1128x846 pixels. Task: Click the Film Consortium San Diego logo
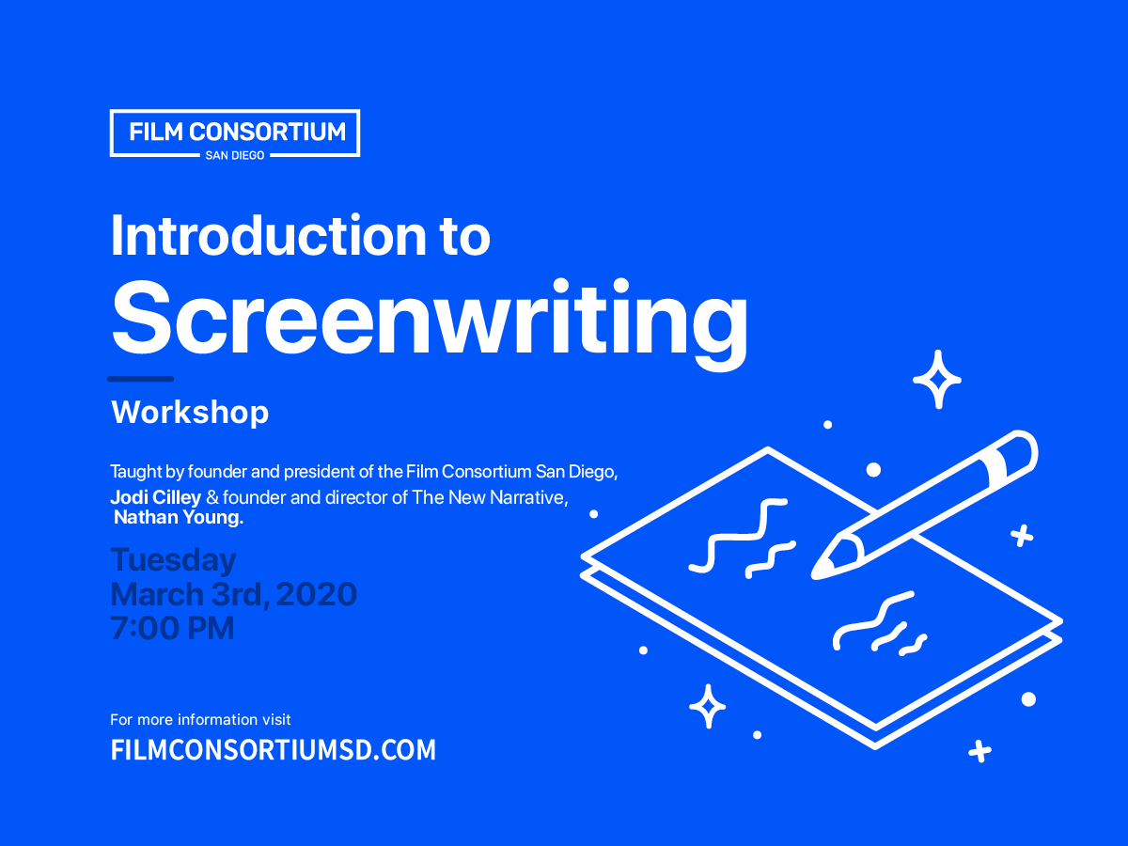(x=235, y=133)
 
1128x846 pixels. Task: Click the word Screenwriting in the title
(x=430, y=316)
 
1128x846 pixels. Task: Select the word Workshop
(x=190, y=412)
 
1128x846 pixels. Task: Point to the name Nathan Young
(x=179, y=517)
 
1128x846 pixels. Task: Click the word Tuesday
(x=173, y=560)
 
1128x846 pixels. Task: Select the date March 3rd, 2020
(x=233, y=594)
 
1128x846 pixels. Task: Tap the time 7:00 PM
(x=172, y=628)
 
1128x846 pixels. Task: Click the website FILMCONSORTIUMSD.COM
(x=274, y=750)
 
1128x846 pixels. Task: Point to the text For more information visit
(x=200, y=720)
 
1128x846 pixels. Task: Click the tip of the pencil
(x=820, y=569)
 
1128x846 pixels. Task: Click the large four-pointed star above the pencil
(x=936, y=380)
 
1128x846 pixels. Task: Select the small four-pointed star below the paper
(x=707, y=707)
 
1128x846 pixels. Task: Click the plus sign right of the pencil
(x=1022, y=537)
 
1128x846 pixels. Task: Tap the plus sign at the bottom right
(x=979, y=751)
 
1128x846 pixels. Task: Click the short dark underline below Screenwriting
(x=141, y=379)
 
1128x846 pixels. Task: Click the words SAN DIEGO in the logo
(x=235, y=155)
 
